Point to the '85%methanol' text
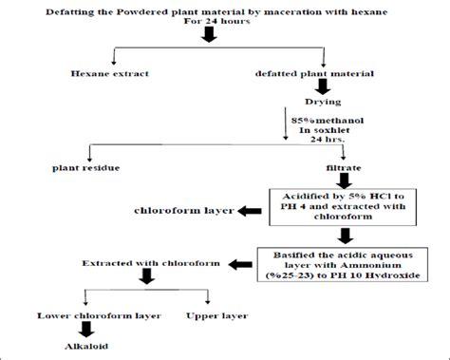tap(325, 121)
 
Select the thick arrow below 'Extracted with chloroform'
tap(149, 278)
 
